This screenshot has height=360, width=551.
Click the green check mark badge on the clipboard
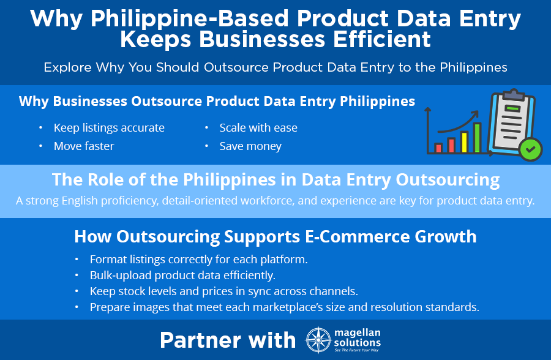531,149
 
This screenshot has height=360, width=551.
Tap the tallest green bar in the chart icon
477,138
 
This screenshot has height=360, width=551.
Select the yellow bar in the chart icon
464,142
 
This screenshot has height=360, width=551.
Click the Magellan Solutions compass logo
318,340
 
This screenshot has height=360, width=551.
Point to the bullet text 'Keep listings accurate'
109,127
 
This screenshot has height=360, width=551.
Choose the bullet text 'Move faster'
84,146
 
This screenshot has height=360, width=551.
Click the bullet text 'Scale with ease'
258,127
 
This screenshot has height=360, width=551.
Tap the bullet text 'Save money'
250,146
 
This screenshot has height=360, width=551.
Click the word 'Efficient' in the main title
381,39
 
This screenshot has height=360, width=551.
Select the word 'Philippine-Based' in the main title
190,18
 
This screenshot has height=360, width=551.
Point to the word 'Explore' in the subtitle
67,67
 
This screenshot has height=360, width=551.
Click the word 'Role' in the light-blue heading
105,179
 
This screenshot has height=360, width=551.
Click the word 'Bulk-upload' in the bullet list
121,276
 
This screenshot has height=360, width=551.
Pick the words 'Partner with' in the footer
228,340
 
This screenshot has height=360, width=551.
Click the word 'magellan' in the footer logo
357,332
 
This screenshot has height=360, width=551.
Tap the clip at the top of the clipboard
514,94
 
